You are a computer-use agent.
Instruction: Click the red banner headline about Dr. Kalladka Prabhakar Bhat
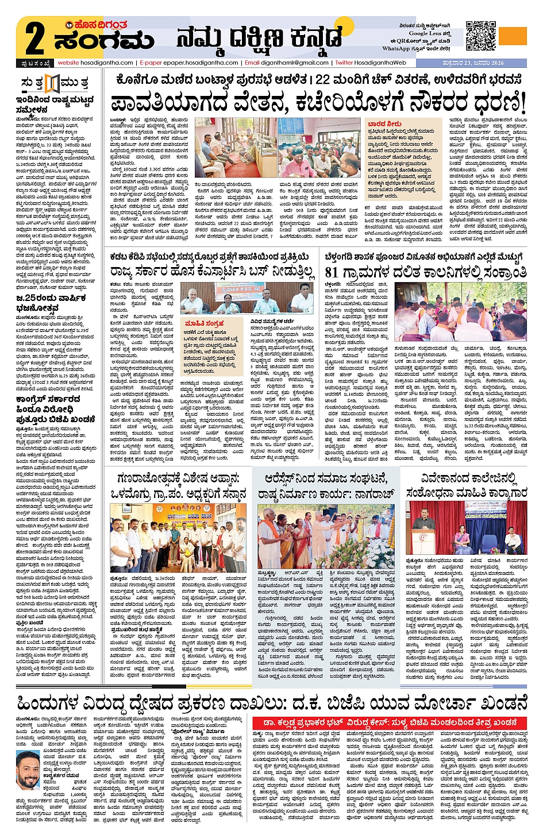pyautogui.click(x=391, y=722)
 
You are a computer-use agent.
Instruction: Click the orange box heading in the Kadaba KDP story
pyautogui.click(x=204, y=323)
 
